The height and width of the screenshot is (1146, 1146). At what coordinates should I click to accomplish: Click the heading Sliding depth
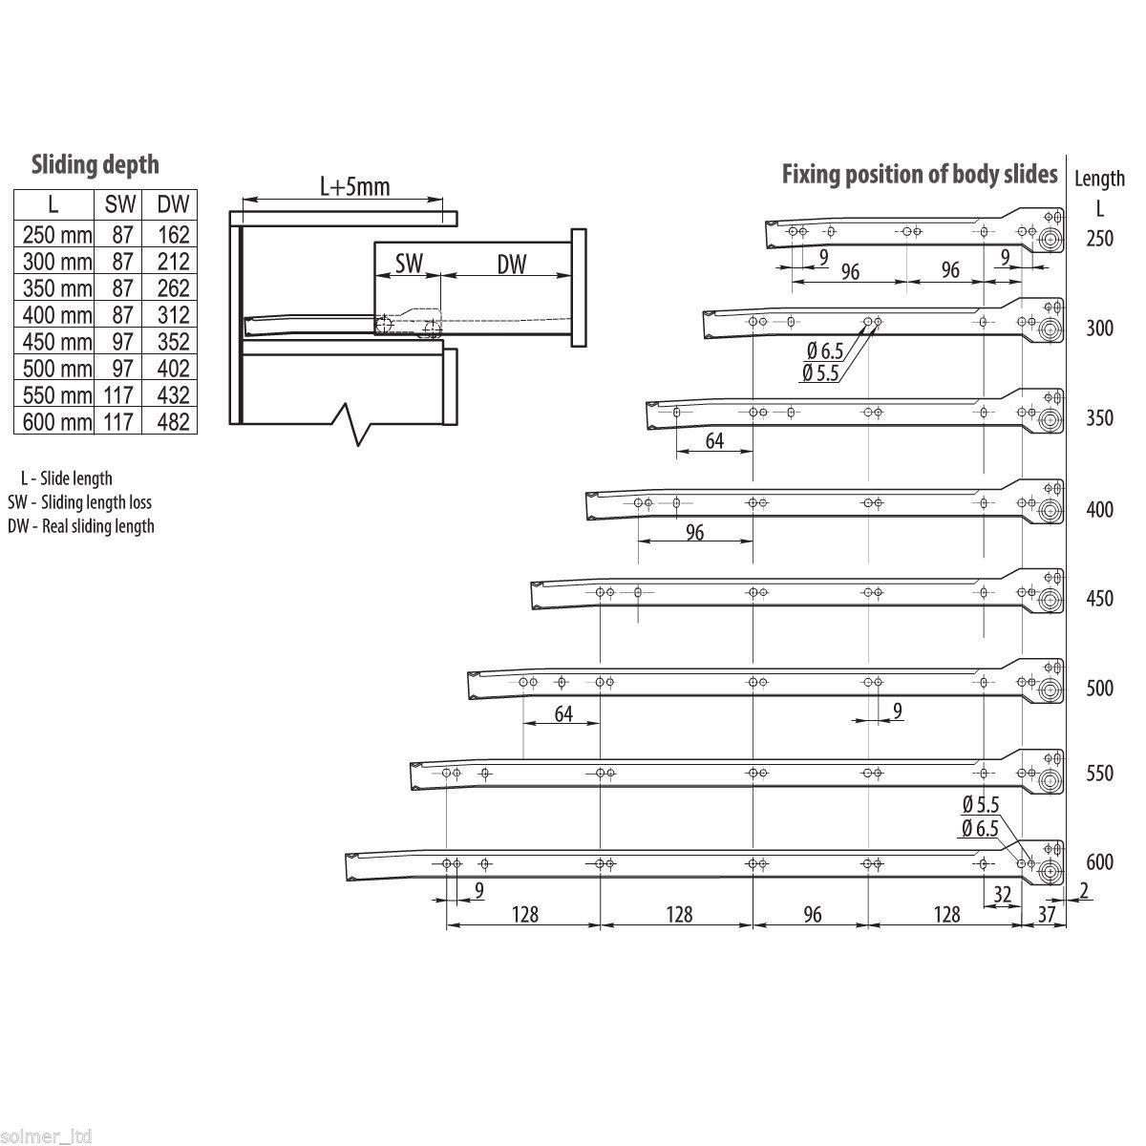point(95,164)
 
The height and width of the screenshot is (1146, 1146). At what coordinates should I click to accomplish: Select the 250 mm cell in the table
point(53,235)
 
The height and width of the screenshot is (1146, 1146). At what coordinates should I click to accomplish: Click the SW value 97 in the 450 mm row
point(117,342)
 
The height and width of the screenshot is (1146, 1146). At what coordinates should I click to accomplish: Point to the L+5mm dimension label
point(354,186)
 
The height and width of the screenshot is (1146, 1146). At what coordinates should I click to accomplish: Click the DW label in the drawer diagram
point(512,265)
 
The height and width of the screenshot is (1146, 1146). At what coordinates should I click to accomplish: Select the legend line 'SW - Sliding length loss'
point(79,502)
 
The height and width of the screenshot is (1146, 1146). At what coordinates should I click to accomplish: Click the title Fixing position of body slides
point(920,174)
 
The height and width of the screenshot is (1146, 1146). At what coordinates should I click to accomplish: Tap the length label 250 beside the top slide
point(1099,239)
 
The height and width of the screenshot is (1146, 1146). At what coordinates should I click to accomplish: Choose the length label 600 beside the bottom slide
point(1099,862)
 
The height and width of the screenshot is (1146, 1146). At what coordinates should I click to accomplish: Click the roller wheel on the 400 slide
point(1050,511)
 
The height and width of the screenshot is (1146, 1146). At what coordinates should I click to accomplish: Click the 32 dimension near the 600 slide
point(1002,895)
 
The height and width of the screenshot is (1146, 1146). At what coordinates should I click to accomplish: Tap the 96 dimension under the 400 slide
point(694,532)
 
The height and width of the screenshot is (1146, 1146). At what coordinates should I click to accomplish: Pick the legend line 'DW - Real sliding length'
point(80,526)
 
